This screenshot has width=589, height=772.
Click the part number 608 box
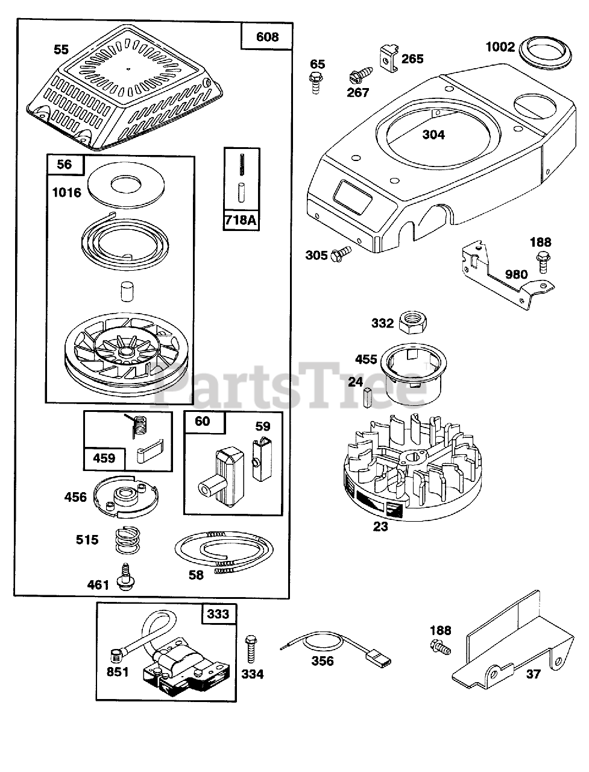(x=267, y=37)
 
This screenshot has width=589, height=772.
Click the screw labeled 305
(x=342, y=253)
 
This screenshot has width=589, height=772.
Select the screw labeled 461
(x=127, y=575)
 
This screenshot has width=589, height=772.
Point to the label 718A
(x=240, y=220)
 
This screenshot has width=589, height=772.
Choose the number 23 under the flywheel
(x=380, y=526)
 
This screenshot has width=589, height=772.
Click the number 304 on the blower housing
(x=433, y=134)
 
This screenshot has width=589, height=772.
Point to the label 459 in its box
(x=104, y=458)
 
